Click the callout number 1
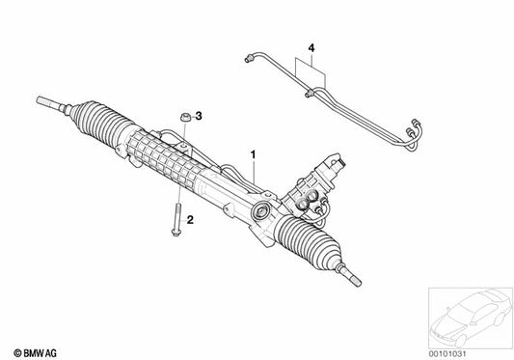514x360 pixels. pos(253,153)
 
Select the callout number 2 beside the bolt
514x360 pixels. pos(191,221)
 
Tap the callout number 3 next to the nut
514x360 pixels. pos(199,117)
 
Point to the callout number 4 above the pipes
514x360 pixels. pos(311,46)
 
